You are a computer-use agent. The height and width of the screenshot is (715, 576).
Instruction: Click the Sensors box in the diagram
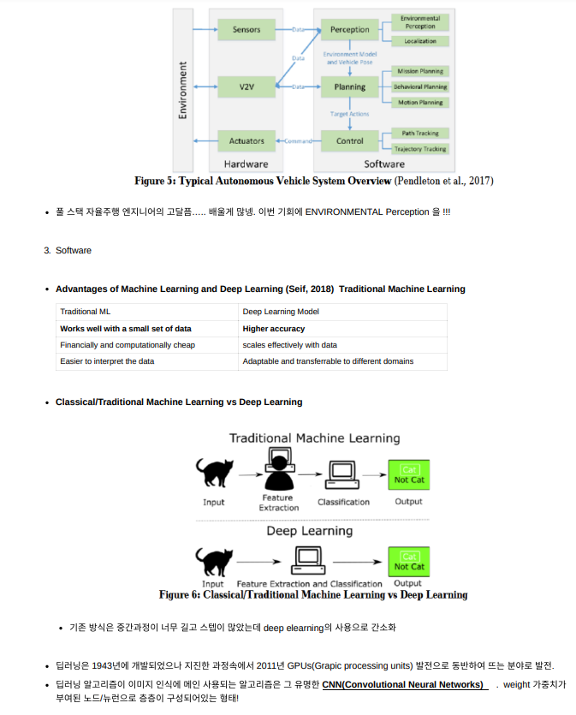pyautogui.click(x=246, y=30)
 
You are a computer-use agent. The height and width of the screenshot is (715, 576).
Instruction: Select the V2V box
pyautogui.click(x=246, y=87)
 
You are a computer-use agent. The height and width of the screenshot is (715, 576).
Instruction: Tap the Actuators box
pyautogui.click(x=246, y=140)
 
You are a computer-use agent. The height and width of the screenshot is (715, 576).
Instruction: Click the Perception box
pyautogui.click(x=349, y=30)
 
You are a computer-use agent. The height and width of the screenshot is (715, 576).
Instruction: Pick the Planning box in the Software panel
pyautogui.click(x=349, y=87)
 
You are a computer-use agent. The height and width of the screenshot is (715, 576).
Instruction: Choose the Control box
pyautogui.click(x=349, y=140)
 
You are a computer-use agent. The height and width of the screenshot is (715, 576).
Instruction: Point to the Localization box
pyautogui.click(x=420, y=41)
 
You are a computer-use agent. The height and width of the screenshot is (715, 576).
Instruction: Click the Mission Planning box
pyautogui.click(x=420, y=71)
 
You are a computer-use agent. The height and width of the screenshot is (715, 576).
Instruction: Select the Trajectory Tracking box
pyautogui.click(x=420, y=149)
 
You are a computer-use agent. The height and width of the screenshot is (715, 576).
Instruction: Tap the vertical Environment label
pyautogui.click(x=182, y=89)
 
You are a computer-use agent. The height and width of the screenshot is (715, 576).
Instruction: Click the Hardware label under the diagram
pyautogui.click(x=246, y=164)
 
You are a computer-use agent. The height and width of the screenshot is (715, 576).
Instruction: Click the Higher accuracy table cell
pyautogui.click(x=274, y=329)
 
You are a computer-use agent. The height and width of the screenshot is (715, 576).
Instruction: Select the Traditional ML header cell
pyautogui.click(x=85, y=313)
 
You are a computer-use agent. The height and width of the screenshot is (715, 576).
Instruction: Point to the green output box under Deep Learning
pyautogui.click(x=408, y=561)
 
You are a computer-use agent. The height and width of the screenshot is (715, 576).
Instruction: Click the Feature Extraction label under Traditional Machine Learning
pyautogui.click(x=279, y=502)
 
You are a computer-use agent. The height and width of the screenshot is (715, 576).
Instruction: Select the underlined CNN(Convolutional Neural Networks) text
pyautogui.click(x=405, y=684)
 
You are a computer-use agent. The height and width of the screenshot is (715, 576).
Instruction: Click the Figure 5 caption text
pyautogui.click(x=313, y=181)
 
